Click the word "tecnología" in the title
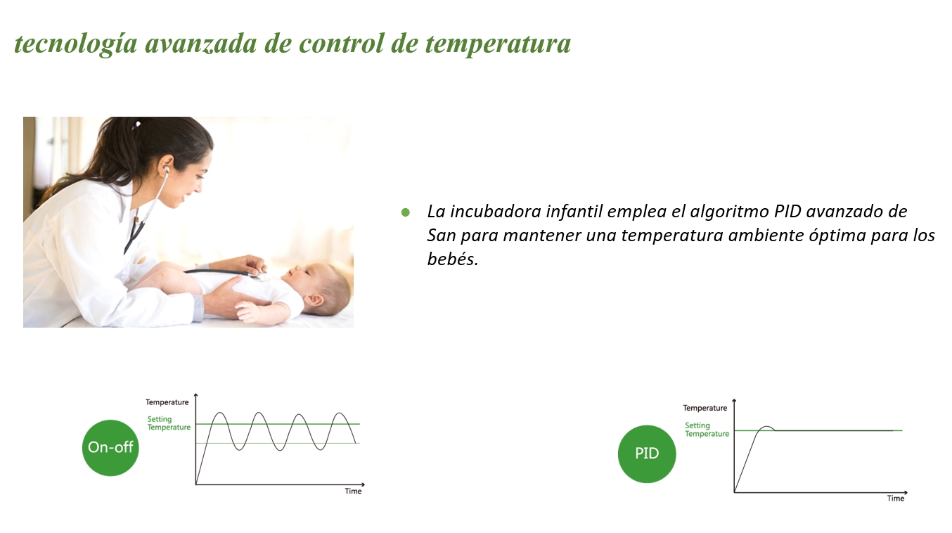[x=76, y=44]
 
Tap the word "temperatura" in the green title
[x=498, y=44]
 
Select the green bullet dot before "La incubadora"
[x=406, y=212]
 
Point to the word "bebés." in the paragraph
[x=453, y=259]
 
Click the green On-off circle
[x=110, y=448]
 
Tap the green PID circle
[x=647, y=454]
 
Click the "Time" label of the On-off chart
[x=353, y=491]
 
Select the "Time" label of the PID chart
[x=896, y=498]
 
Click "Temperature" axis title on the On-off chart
[x=167, y=402]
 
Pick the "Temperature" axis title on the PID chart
[x=705, y=408]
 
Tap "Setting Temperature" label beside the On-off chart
[x=169, y=423]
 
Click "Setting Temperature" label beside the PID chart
[x=707, y=430]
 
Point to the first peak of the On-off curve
[x=220, y=413]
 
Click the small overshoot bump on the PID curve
[x=766, y=427]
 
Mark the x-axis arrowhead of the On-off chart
[x=363, y=484]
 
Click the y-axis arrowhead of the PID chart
[x=734, y=401]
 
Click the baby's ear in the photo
[x=315, y=300]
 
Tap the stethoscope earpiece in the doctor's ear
[x=167, y=169]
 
